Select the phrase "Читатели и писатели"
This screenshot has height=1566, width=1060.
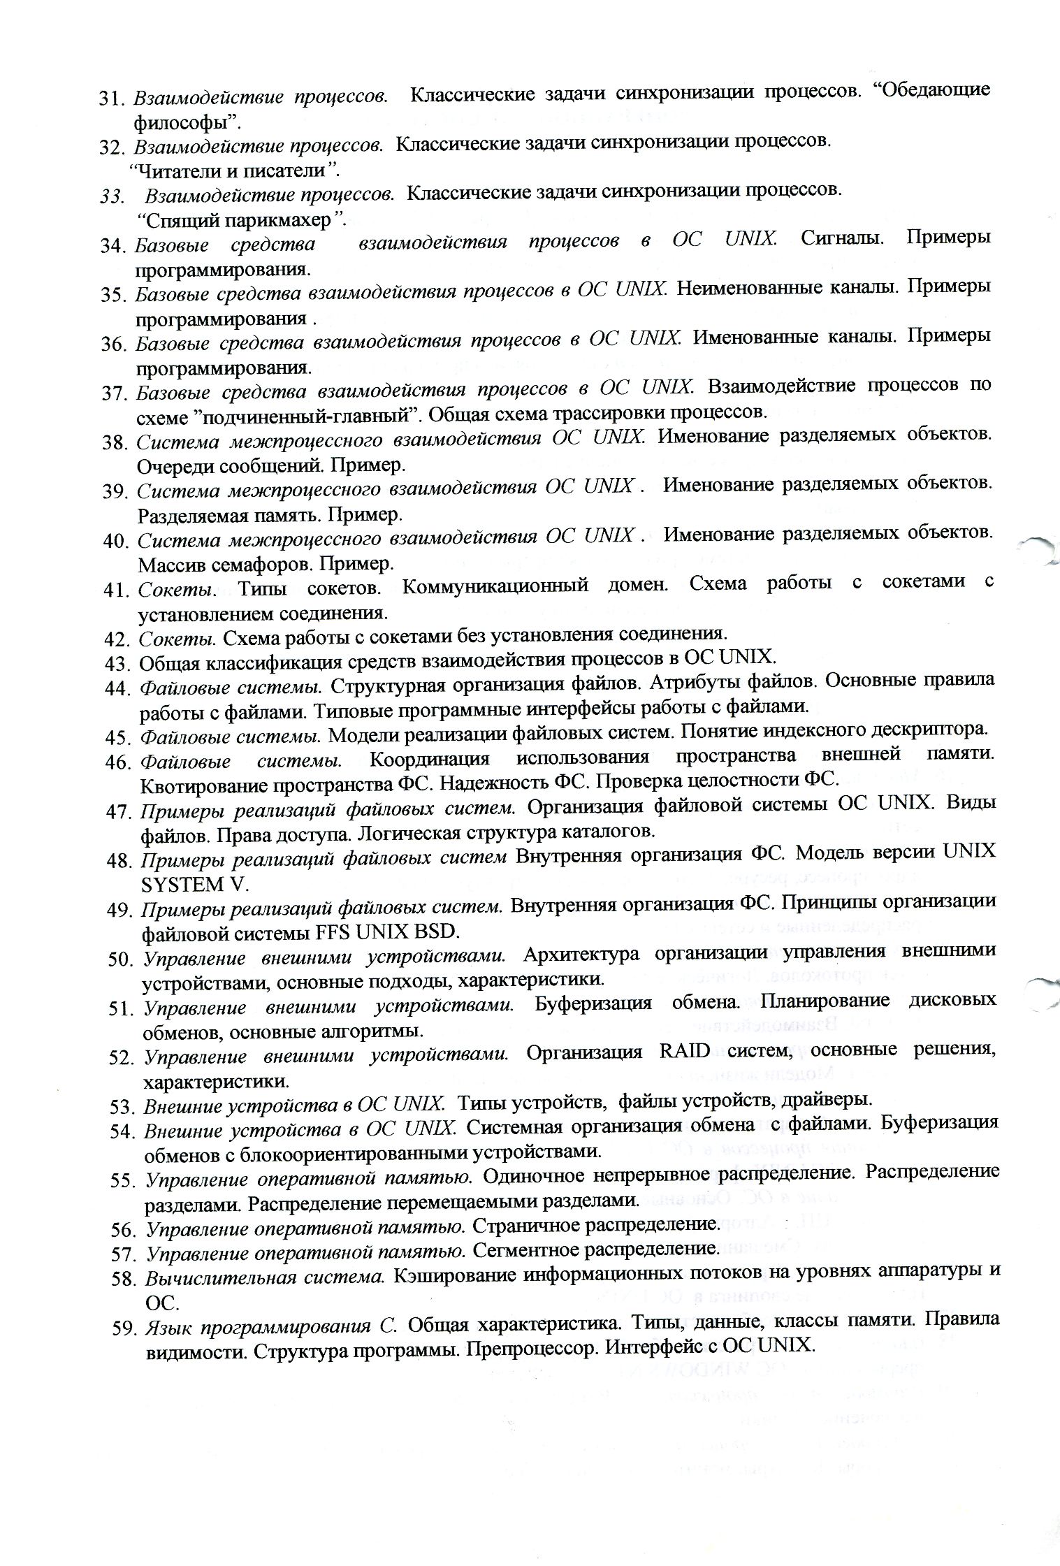[235, 171]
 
